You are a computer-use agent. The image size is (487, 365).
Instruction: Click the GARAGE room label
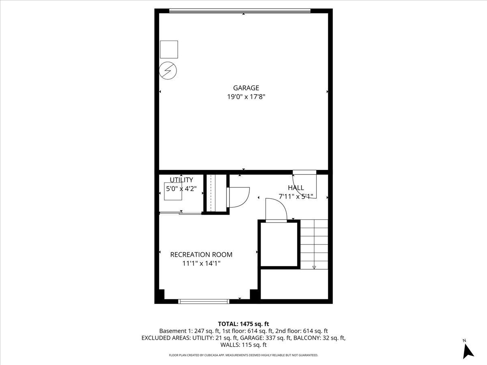tap(246, 88)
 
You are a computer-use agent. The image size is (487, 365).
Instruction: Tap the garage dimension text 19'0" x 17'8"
tap(246, 97)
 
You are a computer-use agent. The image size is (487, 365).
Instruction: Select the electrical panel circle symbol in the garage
tap(168, 71)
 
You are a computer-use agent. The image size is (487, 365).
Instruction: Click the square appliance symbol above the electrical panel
tap(169, 49)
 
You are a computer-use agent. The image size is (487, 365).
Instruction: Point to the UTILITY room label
tap(181, 180)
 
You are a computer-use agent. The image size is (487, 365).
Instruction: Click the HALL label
tap(296, 188)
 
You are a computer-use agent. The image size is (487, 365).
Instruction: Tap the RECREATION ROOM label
tap(201, 254)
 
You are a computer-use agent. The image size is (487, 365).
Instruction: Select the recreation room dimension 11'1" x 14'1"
tap(201, 263)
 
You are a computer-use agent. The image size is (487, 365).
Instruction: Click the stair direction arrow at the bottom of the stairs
tap(314, 268)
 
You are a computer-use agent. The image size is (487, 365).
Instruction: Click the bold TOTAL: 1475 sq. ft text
tap(243, 324)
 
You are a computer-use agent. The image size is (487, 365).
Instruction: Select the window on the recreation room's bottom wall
tap(204, 301)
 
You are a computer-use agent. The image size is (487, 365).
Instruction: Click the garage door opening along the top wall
tap(240, 11)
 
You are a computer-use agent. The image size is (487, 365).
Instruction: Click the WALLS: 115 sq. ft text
tap(243, 345)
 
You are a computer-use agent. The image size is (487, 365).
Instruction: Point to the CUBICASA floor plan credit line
tap(243, 355)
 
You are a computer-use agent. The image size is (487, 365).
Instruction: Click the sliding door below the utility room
tap(180, 213)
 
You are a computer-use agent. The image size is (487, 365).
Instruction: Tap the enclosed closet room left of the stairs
tap(279, 244)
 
